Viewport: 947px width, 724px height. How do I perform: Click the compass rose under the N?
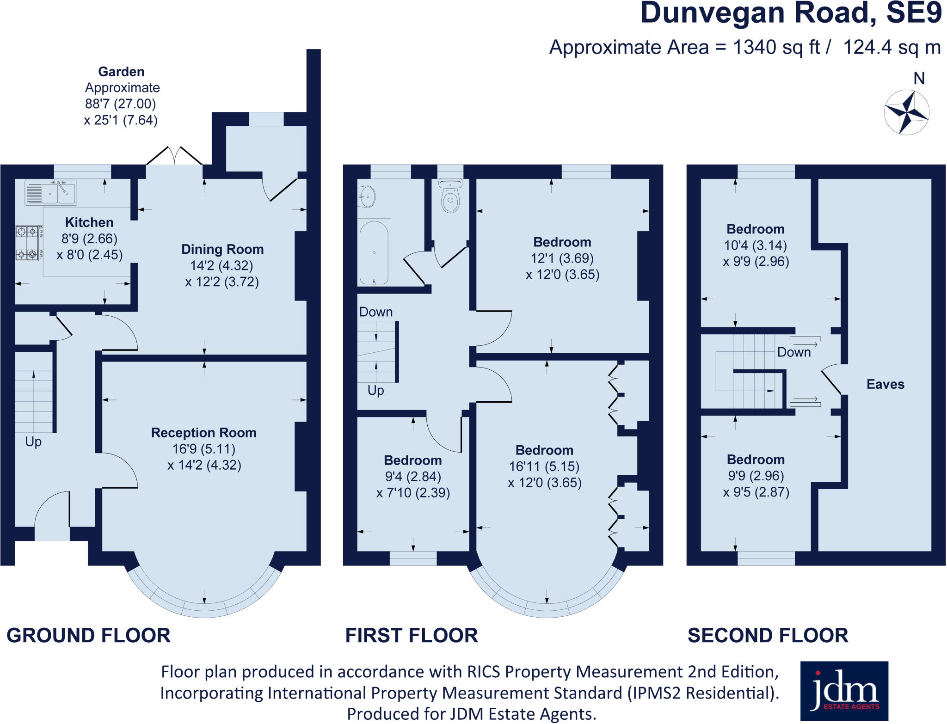click(x=906, y=112)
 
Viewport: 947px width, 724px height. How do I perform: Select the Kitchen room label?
click(x=89, y=222)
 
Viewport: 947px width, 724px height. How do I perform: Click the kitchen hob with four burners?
click(x=27, y=243)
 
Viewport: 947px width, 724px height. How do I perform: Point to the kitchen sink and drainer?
click(x=50, y=192)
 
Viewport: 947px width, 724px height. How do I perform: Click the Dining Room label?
click(x=222, y=249)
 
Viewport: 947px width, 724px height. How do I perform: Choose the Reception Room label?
click(x=203, y=433)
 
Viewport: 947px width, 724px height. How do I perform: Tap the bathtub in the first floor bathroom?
click(x=374, y=253)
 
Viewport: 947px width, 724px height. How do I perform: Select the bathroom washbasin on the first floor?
click(x=367, y=196)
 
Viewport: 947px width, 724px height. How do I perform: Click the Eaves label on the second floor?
click(x=885, y=384)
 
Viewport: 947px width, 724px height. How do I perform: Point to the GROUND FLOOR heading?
click(x=88, y=636)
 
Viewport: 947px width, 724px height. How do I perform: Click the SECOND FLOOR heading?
click(x=768, y=636)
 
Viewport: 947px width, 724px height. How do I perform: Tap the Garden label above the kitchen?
click(x=121, y=72)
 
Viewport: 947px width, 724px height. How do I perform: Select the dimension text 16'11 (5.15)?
click(x=544, y=466)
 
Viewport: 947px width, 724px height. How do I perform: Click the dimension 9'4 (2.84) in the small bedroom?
click(x=413, y=477)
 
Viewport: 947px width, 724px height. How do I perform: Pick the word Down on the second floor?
click(x=793, y=352)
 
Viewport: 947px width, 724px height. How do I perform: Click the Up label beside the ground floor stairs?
click(x=33, y=442)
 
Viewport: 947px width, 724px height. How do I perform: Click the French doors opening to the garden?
click(x=174, y=156)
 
